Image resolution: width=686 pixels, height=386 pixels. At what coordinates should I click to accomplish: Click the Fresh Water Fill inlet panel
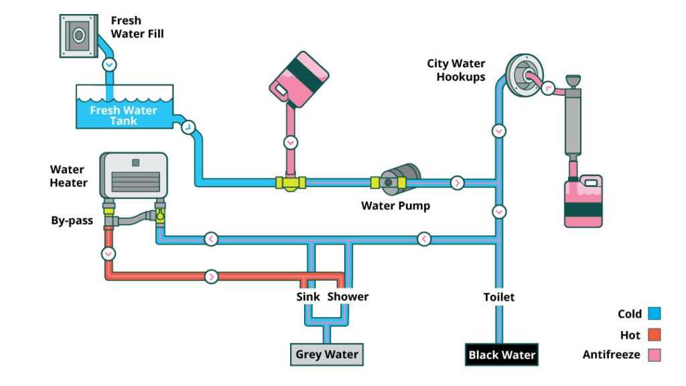tap(78, 36)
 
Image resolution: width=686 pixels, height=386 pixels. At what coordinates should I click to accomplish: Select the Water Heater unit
tap(133, 176)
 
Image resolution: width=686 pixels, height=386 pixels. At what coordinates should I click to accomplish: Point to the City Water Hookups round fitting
tap(523, 74)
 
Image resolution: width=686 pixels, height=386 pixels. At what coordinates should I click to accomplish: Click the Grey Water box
tap(327, 355)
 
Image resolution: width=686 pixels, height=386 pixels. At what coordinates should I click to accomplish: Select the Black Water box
tap(502, 355)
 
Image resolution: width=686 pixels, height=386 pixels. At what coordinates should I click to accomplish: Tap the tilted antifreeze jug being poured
tap(299, 78)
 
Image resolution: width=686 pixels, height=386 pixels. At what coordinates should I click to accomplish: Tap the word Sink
tap(308, 296)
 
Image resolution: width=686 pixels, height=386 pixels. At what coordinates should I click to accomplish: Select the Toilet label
tap(499, 296)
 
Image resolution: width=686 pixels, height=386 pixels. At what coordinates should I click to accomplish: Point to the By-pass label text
tap(72, 220)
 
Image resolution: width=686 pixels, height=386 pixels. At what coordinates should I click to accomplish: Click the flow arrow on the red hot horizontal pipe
tap(212, 276)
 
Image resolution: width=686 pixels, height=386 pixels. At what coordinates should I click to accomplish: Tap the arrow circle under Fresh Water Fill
tap(109, 65)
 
